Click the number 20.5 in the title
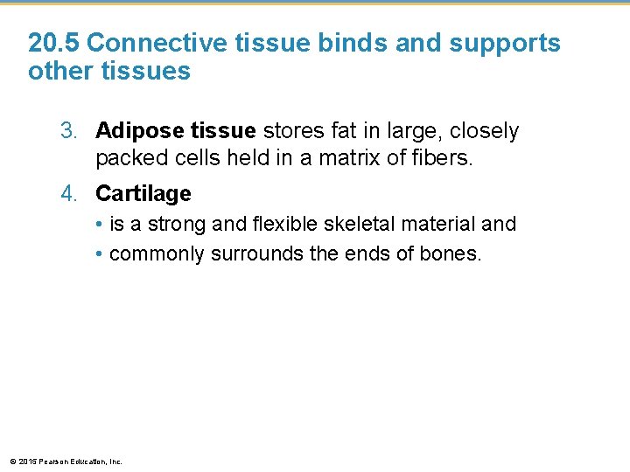click(54, 43)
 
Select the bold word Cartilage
click(143, 193)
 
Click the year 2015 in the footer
click(25, 461)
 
